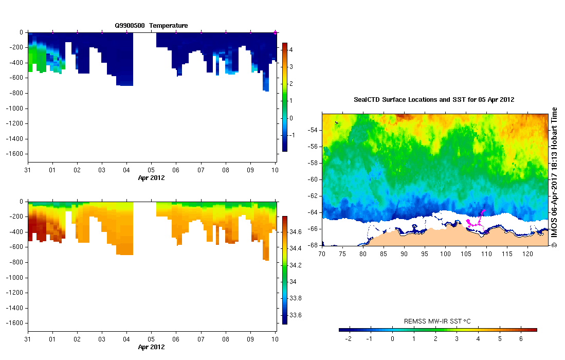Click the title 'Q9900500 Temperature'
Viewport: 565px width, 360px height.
pos(151,25)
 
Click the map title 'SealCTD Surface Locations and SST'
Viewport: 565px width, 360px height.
pos(434,100)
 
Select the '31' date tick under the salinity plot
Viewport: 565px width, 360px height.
pos(28,340)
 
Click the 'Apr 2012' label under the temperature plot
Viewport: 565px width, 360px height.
pos(151,177)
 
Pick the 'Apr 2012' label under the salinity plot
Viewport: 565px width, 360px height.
pos(151,347)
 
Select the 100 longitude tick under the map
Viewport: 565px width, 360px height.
pos(445,254)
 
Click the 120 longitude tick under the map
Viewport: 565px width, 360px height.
pos(528,254)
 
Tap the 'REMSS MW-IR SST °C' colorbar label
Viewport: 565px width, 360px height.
pos(438,321)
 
